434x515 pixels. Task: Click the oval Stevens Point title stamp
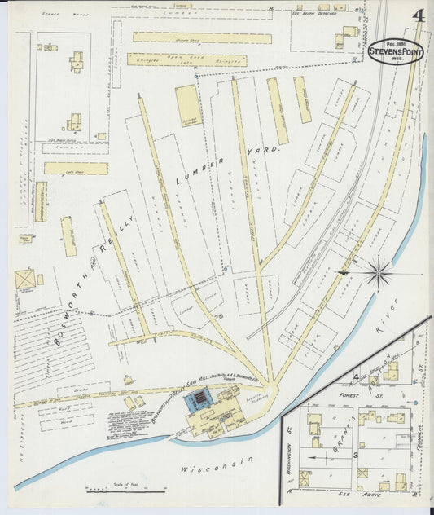pos(395,50)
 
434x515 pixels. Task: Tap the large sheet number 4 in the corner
pos(417,16)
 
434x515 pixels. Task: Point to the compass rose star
pos(377,272)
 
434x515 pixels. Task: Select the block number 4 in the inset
pos(357,376)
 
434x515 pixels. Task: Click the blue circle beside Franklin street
pos(414,403)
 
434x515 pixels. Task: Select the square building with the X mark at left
pos(25,280)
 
